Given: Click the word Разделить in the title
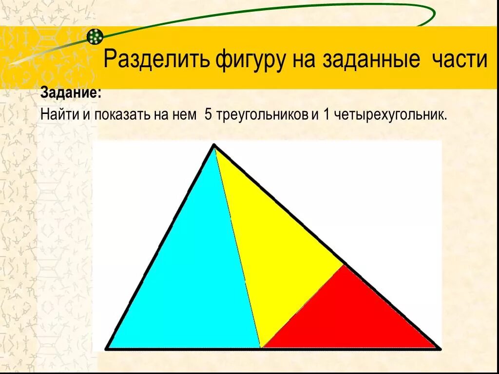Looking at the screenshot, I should click(156, 60).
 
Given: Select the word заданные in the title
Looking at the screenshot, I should click(371, 60).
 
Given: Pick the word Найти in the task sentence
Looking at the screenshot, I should click(56, 115).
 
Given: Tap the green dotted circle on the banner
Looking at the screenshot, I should click(95, 36).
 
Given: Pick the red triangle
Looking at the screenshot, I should click(351, 317).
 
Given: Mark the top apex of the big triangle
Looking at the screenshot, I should click(214, 145).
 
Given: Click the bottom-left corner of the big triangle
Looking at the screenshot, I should click(107, 349).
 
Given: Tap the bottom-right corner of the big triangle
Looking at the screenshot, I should click(439, 349).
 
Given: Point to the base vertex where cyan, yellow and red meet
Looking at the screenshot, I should click(261, 348).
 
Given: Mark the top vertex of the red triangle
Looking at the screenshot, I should click(344, 265).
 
